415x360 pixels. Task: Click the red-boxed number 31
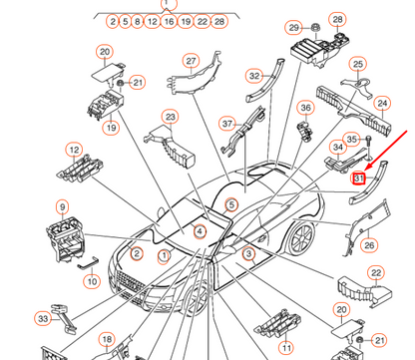[x=359, y=179]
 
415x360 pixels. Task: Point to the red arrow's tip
[x=365, y=171]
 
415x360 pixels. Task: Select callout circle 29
[x=293, y=28]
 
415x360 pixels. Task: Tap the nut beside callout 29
[x=315, y=28]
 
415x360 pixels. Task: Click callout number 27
[x=191, y=61]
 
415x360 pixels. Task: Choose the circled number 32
[x=254, y=76]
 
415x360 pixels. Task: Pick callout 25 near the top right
[x=358, y=64]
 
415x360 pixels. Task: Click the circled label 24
[x=382, y=104]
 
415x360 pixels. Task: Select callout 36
[x=305, y=108]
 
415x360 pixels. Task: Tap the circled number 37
[x=227, y=124]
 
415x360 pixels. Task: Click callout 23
[x=170, y=117]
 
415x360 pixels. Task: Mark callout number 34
[x=338, y=148]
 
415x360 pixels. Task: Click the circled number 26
[x=369, y=245]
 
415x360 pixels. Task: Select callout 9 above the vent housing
[x=63, y=207]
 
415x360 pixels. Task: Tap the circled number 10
[x=92, y=281]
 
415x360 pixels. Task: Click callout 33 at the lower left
[x=43, y=319]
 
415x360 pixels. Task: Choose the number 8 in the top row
[x=137, y=22]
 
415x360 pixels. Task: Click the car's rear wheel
[x=300, y=238]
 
